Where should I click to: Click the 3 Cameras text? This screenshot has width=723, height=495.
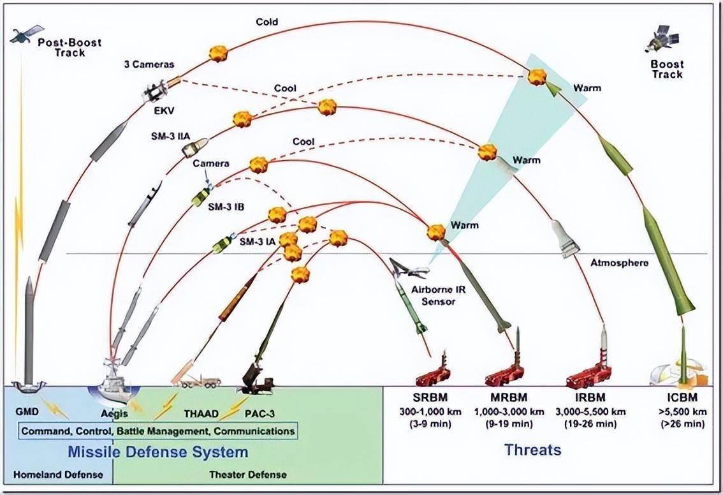(149, 64)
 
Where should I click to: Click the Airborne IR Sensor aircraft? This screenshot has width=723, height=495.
(407, 269)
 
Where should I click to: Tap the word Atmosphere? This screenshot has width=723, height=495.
(619, 263)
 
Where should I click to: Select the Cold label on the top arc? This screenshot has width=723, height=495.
(267, 22)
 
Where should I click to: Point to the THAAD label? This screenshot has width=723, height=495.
(202, 413)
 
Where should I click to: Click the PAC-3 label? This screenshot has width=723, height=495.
(260, 413)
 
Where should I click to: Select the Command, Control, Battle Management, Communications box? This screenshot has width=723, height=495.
(158, 431)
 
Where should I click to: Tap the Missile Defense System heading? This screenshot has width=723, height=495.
(158, 452)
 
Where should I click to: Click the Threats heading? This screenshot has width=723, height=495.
(533, 450)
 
